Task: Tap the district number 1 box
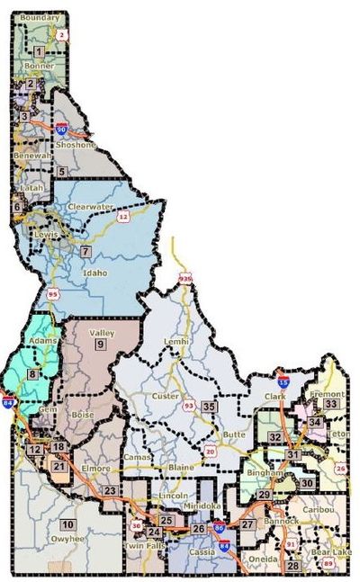click(39, 52)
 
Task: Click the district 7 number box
click(85, 251)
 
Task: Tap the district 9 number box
click(100, 344)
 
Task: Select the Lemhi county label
click(175, 344)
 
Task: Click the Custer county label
click(167, 396)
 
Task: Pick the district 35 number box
click(209, 407)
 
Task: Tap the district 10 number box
click(67, 524)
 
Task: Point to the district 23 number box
click(109, 489)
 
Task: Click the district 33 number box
click(330, 404)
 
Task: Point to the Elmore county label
click(95, 469)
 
